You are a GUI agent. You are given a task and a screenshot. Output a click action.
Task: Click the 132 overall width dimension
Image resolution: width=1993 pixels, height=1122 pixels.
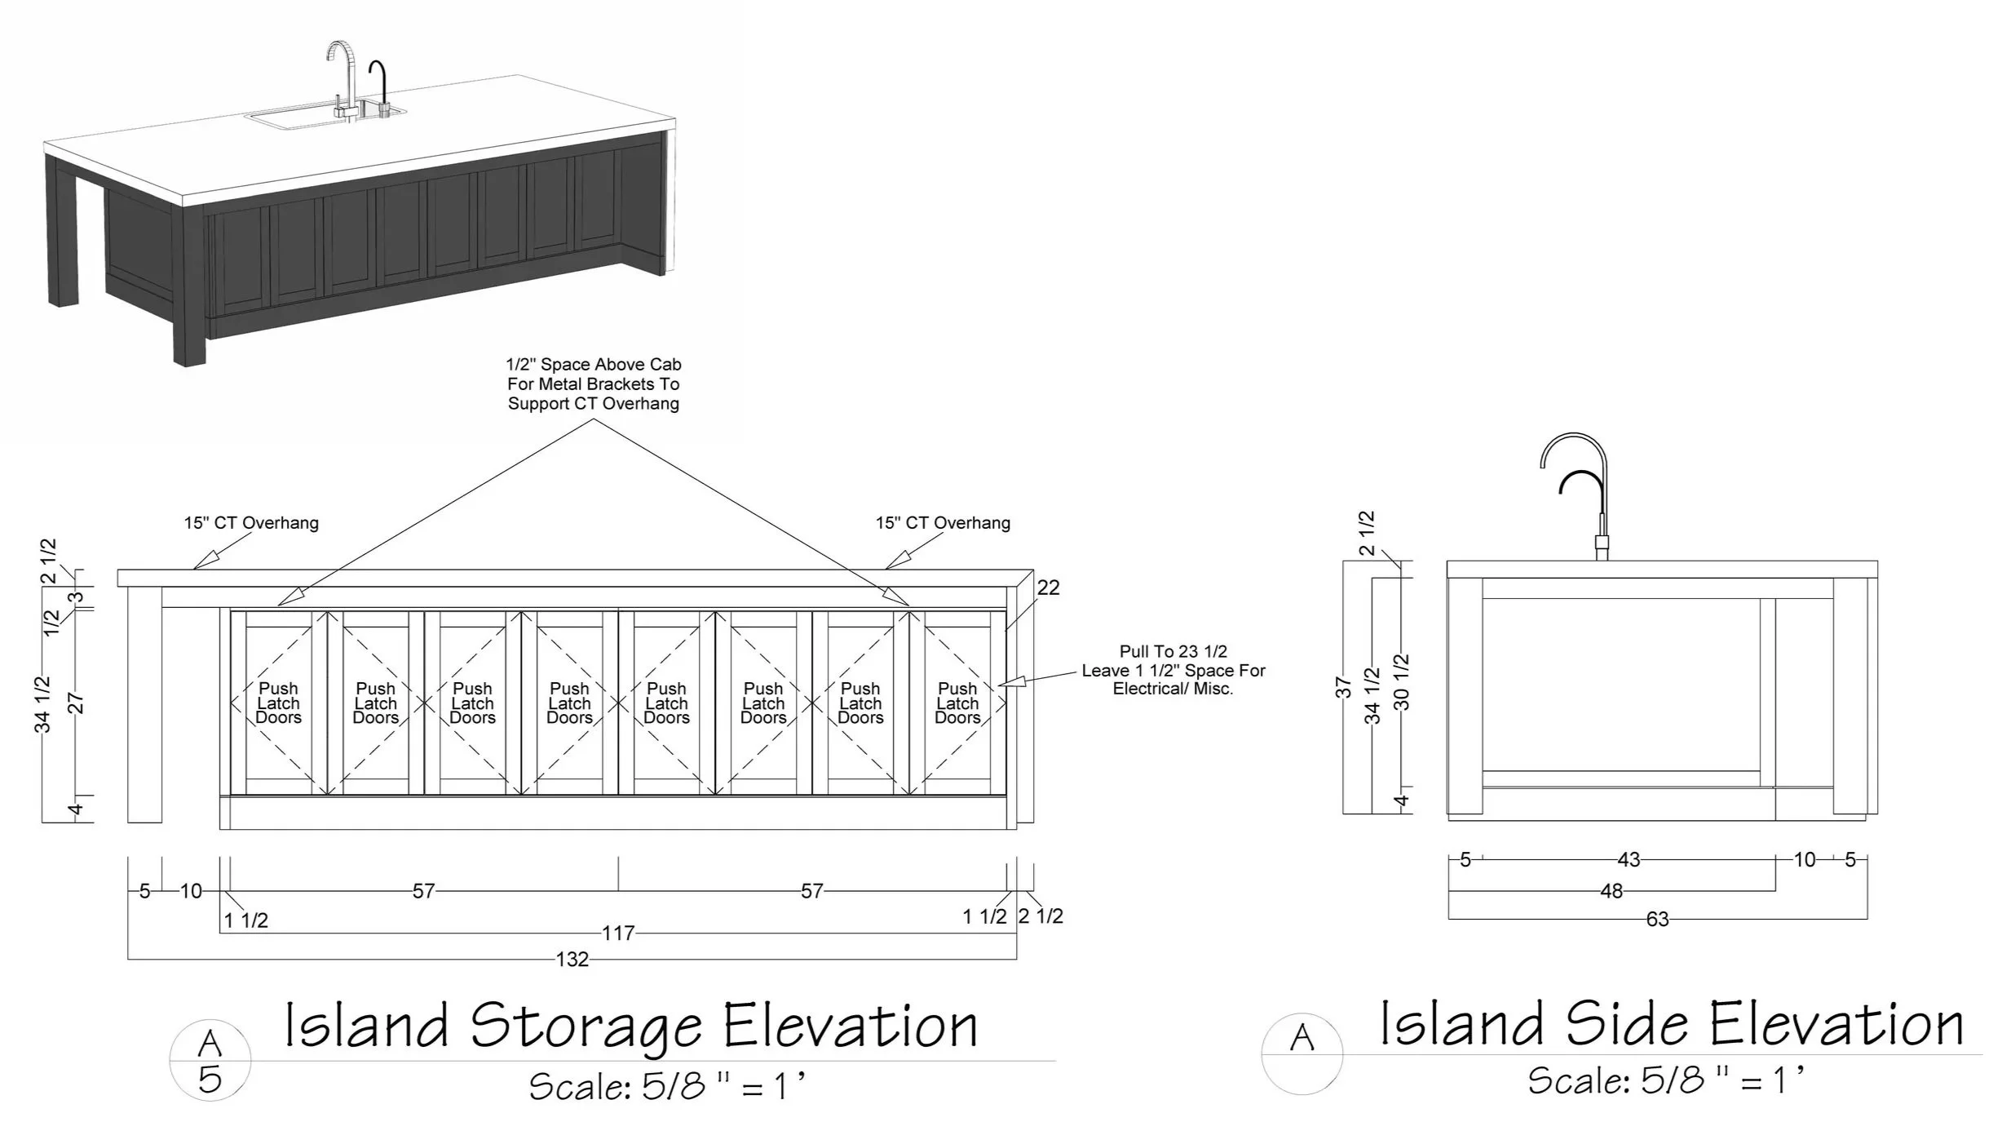tap(572, 959)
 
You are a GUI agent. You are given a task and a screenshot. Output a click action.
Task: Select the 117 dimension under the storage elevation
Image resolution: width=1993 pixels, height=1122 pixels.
tap(617, 933)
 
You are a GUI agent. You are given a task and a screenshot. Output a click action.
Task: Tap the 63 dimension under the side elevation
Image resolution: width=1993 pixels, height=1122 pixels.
tap(1657, 920)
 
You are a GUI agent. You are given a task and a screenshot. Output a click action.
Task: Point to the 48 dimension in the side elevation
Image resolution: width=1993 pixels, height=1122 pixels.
tap(1611, 891)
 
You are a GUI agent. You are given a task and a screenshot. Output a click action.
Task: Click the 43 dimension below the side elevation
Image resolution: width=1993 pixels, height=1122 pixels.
tap(1628, 860)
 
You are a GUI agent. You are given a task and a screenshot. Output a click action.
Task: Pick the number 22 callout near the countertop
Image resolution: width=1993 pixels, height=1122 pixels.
tap(1048, 588)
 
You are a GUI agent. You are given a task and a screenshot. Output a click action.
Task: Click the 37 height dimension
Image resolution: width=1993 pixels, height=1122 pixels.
tap(1343, 687)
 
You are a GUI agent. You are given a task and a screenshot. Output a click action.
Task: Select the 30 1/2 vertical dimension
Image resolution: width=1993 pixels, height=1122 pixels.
tap(1402, 681)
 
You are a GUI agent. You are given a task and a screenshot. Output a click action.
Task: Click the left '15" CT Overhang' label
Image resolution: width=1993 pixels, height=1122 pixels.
tap(251, 523)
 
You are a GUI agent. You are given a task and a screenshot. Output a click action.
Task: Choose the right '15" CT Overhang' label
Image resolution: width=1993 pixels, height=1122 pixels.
tap(943, 523)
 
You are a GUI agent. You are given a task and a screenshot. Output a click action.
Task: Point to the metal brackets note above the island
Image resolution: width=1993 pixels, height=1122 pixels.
tap(594, 384)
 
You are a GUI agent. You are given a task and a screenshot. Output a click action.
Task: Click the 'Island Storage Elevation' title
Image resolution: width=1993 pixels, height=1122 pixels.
tap(630, 1026)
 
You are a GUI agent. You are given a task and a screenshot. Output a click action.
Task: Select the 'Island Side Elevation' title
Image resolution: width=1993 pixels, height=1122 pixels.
tap(1671, 1024)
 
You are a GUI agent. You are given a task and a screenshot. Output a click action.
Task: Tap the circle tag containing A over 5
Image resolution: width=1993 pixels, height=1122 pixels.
tap(210, 1061)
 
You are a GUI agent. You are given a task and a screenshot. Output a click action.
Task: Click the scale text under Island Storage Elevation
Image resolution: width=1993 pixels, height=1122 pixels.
tap(666, 1086)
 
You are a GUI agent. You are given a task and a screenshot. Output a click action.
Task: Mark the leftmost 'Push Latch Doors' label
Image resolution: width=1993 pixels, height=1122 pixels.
tap(278, 703)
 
